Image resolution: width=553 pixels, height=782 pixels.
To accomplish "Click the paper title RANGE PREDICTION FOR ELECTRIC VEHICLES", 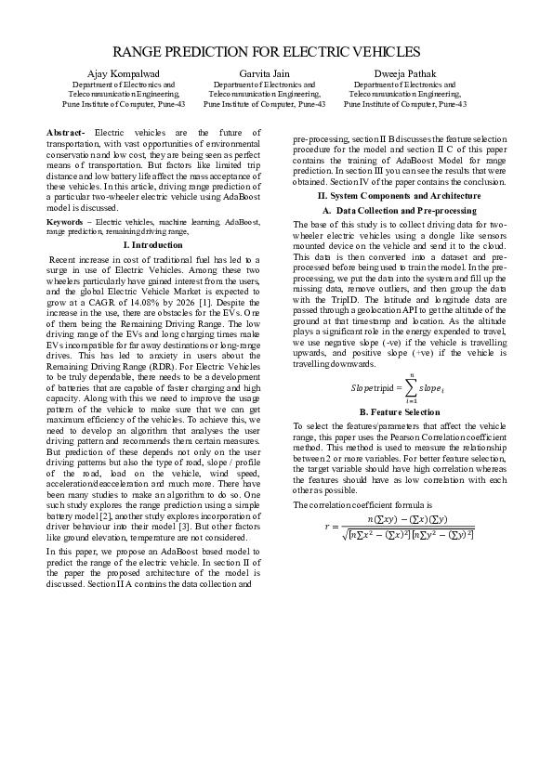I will tap(276, 53).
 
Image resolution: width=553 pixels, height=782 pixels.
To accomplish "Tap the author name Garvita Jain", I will tap(264, 73).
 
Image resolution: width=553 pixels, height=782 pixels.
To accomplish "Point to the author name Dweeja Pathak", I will tap(404, 73).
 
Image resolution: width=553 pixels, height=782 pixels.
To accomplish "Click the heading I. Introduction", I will tap(153, 243).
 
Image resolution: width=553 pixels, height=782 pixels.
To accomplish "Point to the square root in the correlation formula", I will tap(345, 533).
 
